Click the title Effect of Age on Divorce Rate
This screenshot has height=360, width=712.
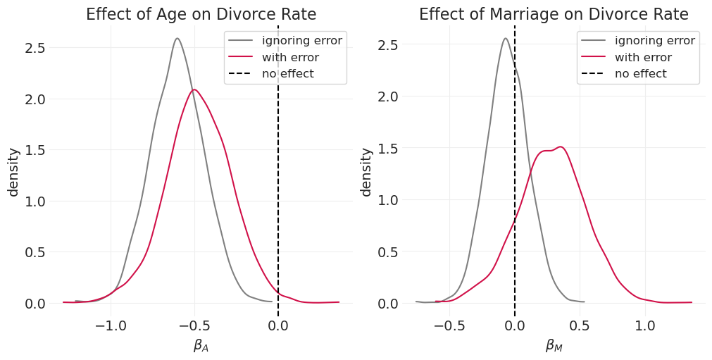pos(201,15)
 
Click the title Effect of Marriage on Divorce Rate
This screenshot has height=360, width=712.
pos(554,15)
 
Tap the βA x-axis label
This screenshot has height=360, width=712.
pos(201,346)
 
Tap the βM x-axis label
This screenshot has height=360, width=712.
pos(554,346)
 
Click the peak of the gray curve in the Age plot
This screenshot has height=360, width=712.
pos(177,39)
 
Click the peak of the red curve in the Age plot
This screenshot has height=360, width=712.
pos(194,89)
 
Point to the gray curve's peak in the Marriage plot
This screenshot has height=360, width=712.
pos(506,39)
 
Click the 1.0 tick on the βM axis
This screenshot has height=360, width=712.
pos(645,326)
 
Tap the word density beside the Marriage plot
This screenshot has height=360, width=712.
pos(366,172)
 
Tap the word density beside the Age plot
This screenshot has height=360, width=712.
pos(13,172)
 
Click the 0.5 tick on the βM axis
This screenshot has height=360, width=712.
pos(580,326)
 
